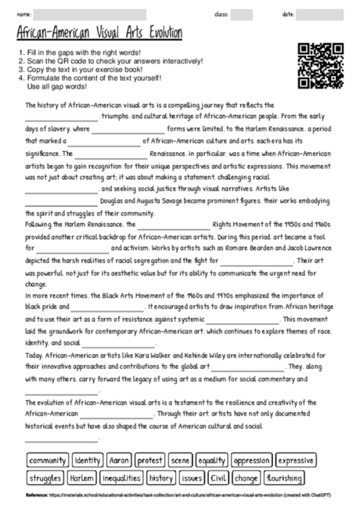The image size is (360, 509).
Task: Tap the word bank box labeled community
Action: (x=48, y=460)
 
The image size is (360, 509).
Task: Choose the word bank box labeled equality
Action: (x=212, y=460)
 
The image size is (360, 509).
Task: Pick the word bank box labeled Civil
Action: (x=219, y=477)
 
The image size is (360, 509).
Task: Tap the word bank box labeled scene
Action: (x=181, y=460)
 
